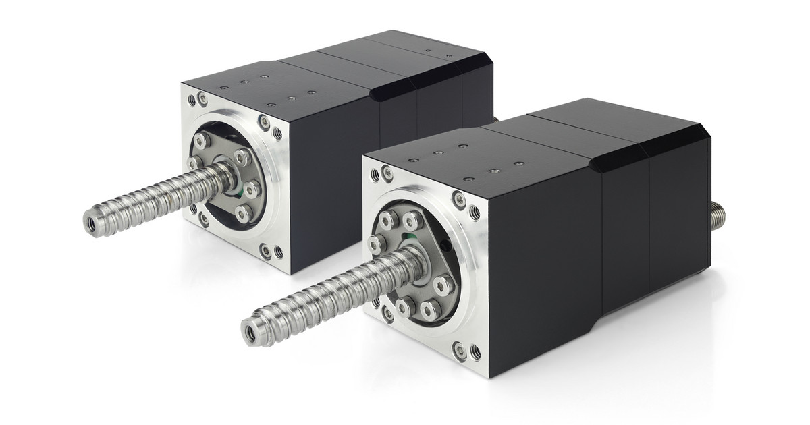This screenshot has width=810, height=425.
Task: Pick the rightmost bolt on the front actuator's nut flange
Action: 443,283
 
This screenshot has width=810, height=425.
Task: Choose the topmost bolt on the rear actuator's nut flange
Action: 201,140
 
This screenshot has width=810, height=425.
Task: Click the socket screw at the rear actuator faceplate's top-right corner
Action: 264,123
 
